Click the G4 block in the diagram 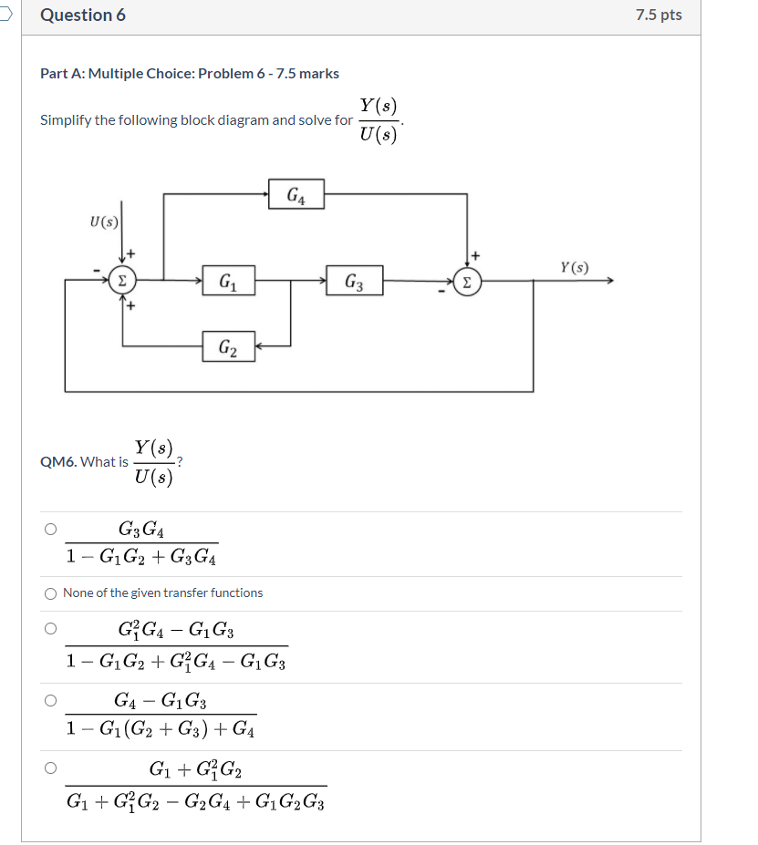pyautogui.click(x=296, y=195)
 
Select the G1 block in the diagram pyautogui.click(x=229, y=281)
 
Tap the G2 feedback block pyautogui.click(x=229, y=346)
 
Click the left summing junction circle pyautogui.click(x=121, y=281)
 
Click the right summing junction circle pyautogui.click(x=467, y=282)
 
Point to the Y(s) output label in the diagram pyautogui.click(x=575, y=267)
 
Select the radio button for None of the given pyautogui.click(x=51, y=593)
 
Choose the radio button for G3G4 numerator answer pyautogui.click(x=51, y=529)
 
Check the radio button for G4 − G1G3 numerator pyautogui.click(x=51, y=700)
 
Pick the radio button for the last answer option pyautogui.click(x=51, y=768)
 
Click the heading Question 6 pyautogui.click(x=83, y=15)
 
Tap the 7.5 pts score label pyautogui.click(x=659, y=15)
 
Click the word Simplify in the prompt pyautogui.click(x=64, y=120)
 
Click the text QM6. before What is pyautogui.click(x=57, y=461)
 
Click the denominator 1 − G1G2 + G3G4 pyautogui.click(x=141, y=555)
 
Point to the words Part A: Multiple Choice pyautogui.click(x=110, y=74)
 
